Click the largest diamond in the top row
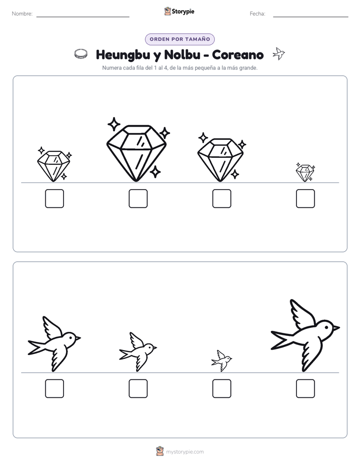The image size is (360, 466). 136,153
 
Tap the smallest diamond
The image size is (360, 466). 305,172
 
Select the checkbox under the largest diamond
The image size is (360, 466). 138,199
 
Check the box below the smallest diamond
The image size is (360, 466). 306,199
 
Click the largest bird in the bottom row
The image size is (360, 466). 305,335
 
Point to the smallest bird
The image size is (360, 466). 221,361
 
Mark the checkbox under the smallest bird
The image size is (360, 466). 222,388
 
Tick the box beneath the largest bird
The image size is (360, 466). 306,388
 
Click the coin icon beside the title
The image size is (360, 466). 81,54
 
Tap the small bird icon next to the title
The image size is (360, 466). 279,53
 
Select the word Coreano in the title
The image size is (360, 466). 238,54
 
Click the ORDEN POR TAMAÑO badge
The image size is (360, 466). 179,39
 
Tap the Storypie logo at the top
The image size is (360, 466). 179,11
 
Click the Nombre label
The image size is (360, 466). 22,14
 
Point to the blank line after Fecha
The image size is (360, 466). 311,17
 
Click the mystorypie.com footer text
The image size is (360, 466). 185,452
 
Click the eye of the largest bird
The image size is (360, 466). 327,327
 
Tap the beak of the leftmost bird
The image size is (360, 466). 78,337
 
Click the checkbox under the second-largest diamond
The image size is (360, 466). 222,199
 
